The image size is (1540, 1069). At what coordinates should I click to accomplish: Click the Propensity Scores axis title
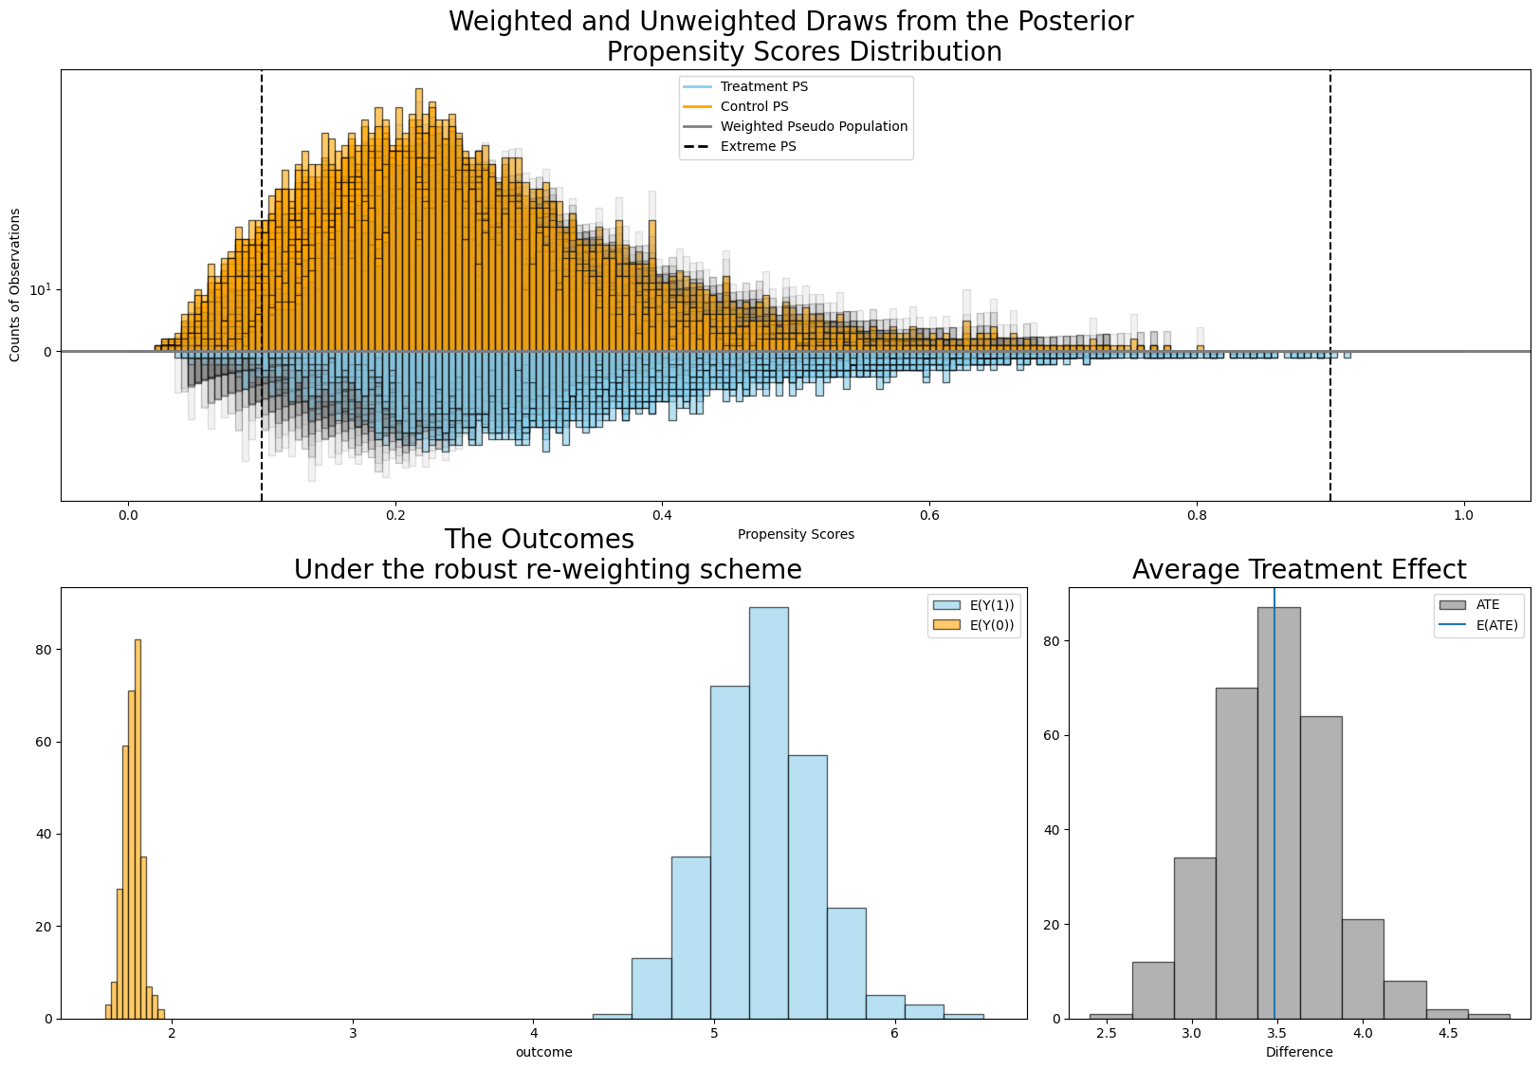pos(796,535)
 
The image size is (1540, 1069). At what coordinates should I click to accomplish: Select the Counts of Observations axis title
pos(14,285)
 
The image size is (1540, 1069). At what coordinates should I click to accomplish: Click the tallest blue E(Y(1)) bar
pos(769,812)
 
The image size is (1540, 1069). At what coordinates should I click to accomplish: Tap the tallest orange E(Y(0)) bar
pos(137,829)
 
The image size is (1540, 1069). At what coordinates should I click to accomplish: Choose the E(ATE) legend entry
pos(1478,625)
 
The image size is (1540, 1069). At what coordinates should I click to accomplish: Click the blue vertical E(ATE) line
pos(1274,802)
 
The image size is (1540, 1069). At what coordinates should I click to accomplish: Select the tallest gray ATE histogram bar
pos(1278,812)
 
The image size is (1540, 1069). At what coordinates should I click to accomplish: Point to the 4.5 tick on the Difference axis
pos(1448,1033)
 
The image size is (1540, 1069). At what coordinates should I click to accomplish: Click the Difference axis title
pos(1299,1052)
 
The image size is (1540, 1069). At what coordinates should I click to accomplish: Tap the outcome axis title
pos(543,1052)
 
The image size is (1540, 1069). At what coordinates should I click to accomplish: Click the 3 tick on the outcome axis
pos(353,1033)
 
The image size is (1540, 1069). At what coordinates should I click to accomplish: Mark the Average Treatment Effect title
pos(1299,569)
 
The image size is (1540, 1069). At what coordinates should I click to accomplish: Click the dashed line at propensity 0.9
pos(1329,285)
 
